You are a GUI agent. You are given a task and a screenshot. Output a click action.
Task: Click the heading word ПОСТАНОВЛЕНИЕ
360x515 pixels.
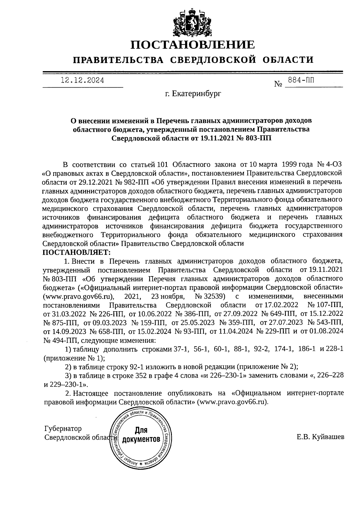coord(193,45)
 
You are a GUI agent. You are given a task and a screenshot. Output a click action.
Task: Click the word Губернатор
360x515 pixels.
coord(63,428)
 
